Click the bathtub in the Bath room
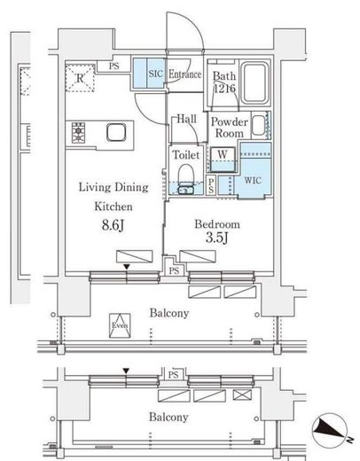tap(257, 82)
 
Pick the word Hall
tap(185, 118)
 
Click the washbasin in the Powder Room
tap(258, 125)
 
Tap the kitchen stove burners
tap(78, 134)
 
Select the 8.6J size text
tap(112, 228)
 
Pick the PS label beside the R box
tap(114, 65)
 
